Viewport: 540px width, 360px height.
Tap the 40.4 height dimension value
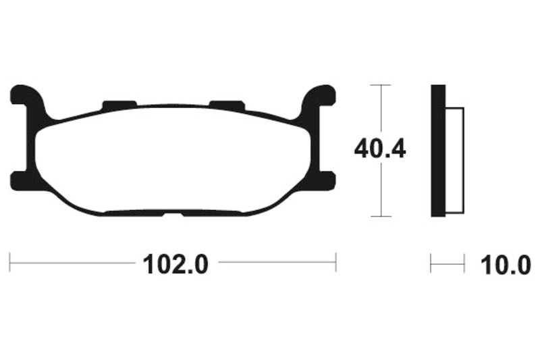tap(380, 149)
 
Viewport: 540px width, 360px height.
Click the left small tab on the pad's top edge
tap(119, 105)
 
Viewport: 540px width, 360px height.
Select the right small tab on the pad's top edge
tap(226, 105)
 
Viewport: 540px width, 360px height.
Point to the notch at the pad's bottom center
tap(173, 214)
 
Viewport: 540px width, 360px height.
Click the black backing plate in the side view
tap(438, 151)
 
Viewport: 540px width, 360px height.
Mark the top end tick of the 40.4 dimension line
tap(381, 86)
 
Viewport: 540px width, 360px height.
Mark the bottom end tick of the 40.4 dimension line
tap(381, 216)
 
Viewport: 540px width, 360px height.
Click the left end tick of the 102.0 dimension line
tap(10, 262)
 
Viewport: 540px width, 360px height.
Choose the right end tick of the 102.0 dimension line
tap(336, 262)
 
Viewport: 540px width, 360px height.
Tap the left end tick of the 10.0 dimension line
tap(431, 263)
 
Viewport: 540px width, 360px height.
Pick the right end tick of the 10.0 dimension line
tap(464, 263)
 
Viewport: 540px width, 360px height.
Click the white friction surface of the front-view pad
tap(173, 159)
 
